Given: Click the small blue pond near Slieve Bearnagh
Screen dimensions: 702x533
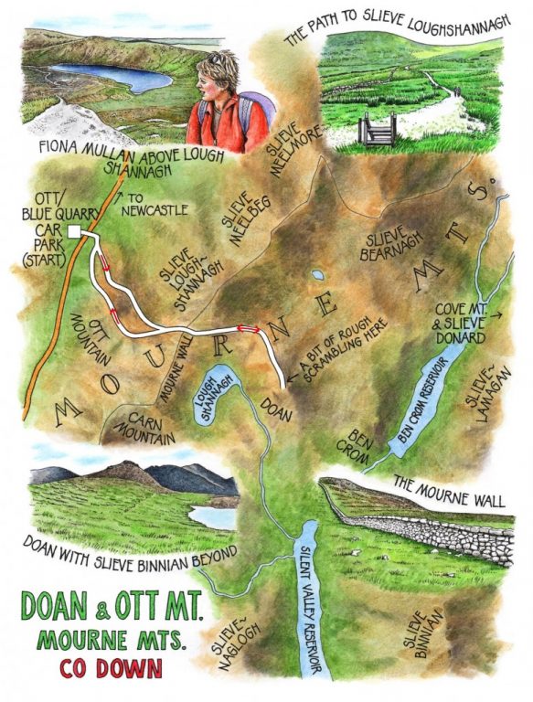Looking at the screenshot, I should coord(316,274).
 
